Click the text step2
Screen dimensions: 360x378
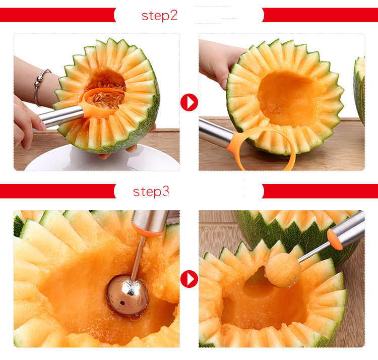tap(159, 16)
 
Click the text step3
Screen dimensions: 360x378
tap(151, 192)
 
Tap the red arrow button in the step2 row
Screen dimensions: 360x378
tap(189, 102)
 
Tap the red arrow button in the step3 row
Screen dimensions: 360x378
tap(189, 278)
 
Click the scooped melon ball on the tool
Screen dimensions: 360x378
tap(283, 270)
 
